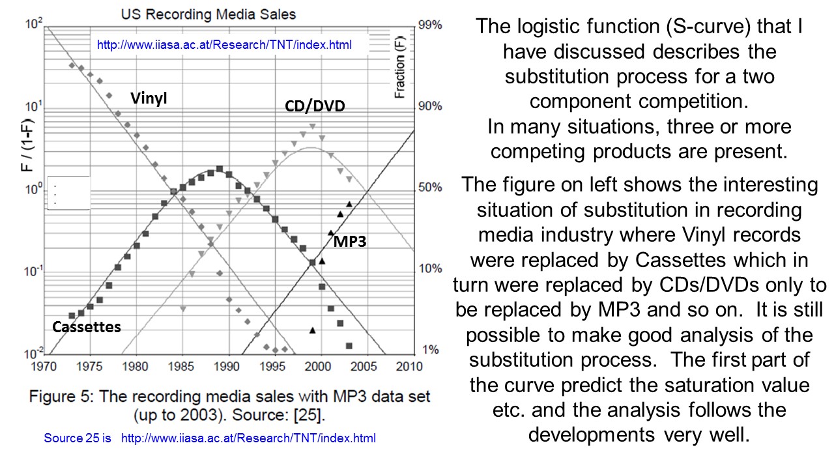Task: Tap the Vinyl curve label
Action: (148, 98)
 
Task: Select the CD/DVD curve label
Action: (315, 106)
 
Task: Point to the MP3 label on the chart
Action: (350, 242)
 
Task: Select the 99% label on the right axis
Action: (429, 25)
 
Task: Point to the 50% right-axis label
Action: (429, 188)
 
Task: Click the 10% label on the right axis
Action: (429, 268)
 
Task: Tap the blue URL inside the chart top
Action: (224, 45)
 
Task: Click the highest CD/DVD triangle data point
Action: (313, 126)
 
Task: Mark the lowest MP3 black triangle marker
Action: (312, 331)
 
